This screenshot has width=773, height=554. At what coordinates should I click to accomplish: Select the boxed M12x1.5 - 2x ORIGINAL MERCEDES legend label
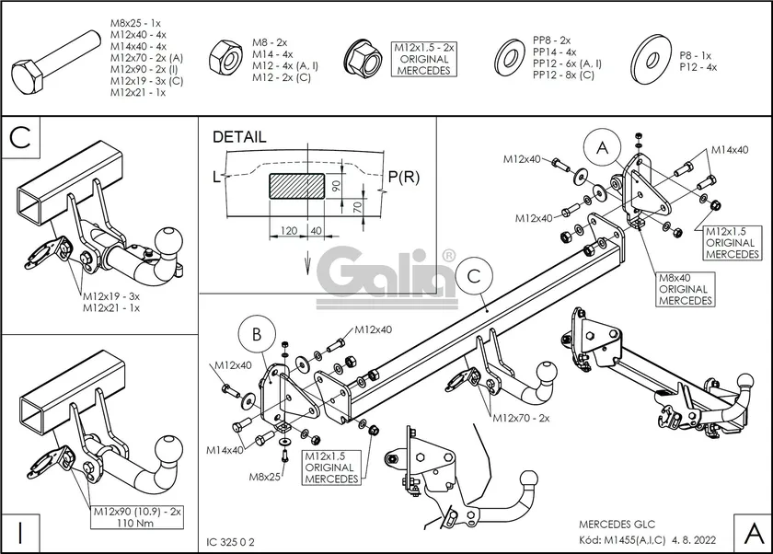pyautogui.click(x=424, y=59)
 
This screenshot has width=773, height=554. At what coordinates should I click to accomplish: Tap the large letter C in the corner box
pyautogui.click(x=21, y=138)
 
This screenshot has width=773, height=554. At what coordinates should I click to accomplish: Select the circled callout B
pyautogui.click(x=258, y=334)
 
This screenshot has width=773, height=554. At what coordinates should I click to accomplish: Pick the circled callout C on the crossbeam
pyautogui.click(x=473, y=274)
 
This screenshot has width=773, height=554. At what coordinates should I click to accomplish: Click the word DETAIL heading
pyautogui.click(x=239, y=137)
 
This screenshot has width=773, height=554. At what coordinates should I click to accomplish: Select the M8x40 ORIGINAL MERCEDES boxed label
pyautogui.click(x=685, y=289)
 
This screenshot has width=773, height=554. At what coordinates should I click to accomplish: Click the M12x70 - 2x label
pyautogui.click(x=521, y=417)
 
